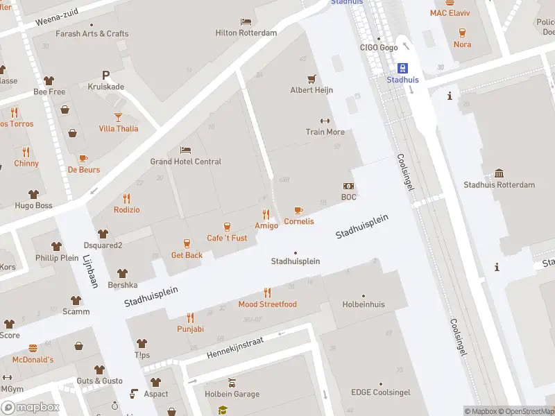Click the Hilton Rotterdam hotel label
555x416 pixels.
click(246, 33)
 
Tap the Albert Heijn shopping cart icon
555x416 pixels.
click(311, 78)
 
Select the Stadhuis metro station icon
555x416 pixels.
click(402, 68)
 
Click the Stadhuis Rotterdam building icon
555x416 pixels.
click(499, 173)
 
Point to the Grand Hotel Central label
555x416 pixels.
click(186, 162)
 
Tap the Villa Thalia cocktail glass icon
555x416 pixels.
click(118, 116)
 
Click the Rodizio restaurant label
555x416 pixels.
click(126, 210)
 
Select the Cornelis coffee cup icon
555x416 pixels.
click(299, 210)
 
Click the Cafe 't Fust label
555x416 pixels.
click(227, 238)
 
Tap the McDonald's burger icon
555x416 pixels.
click(33, 348)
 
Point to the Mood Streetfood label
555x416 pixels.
click(267, 304)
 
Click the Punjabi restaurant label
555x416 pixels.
click(190, 329)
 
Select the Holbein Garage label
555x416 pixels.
click(232, 395)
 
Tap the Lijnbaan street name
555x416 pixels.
click(91, 270)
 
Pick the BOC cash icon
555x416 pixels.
click(348, 186)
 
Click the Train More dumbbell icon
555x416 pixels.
click(325, 121)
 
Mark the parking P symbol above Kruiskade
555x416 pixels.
click(105, 75)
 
